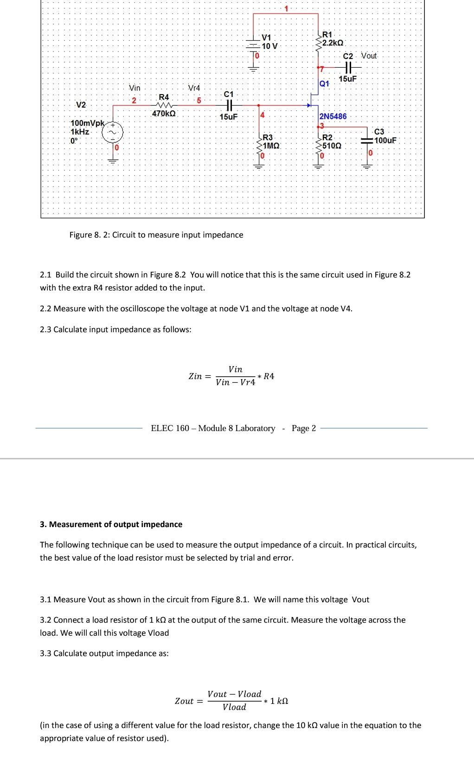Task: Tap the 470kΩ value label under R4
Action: point(164,113)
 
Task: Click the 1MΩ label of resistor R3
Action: point(271,146)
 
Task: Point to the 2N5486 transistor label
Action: point(333,116)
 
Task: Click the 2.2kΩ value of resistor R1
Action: point(333,43)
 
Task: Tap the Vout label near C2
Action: point(369,56)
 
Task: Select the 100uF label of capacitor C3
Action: point(385,140)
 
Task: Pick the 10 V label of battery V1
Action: point(269,46)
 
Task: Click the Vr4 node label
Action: point(194,88)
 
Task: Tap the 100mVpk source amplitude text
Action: point(88,123)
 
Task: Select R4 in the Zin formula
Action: point(269,376)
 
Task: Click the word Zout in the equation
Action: point(184,701)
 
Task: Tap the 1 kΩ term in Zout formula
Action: point(279,701)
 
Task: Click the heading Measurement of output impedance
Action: point(115,524)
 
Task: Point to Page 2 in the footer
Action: point(303,428)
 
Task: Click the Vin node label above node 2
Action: point(135,88)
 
